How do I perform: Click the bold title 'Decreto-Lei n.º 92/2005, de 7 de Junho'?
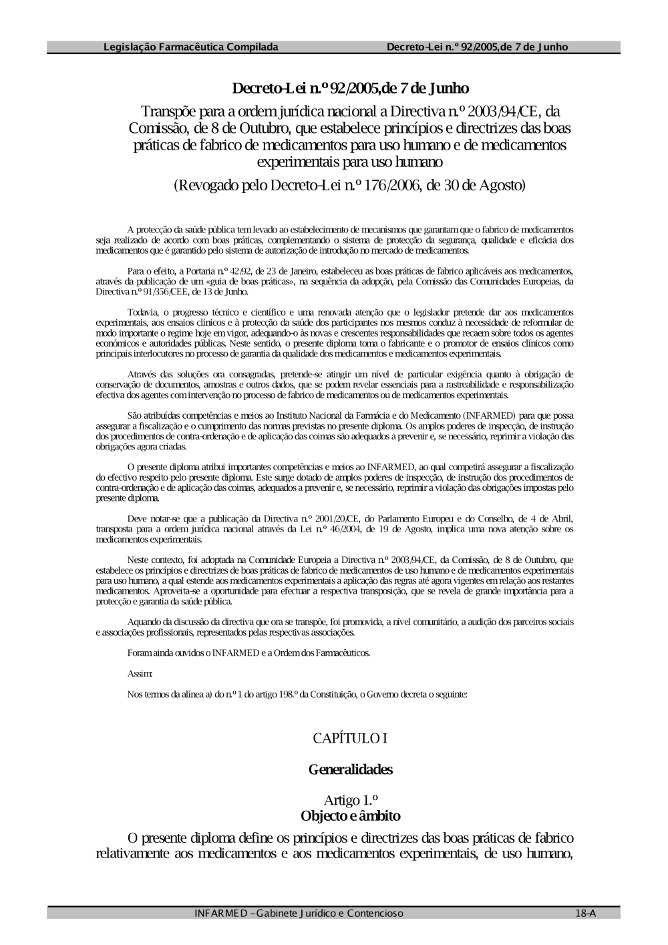[350, 88]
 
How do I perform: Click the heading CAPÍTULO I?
[350, 738]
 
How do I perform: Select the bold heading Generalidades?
[350, 769]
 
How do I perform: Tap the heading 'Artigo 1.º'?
[351, 800]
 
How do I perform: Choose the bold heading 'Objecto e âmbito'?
[351, 815]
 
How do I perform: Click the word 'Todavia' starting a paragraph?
[141, 312]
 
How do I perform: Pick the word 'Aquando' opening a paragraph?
[143, 622]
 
